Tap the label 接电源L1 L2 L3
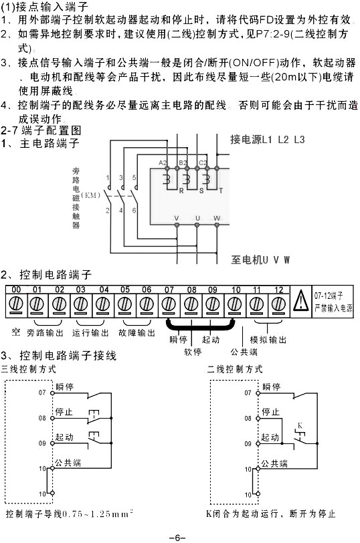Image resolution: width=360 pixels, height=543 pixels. [267, 140]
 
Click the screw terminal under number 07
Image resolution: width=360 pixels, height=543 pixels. [169, 304]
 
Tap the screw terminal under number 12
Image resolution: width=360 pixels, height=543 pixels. [278, 304]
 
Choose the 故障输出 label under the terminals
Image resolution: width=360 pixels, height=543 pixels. [137, 332]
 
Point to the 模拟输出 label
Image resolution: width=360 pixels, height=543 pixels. [267, 340]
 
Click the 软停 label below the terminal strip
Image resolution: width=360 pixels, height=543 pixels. [193, 350]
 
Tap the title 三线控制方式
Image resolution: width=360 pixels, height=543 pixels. [29, 369]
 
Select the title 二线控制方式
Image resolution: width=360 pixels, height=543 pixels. [235, 369]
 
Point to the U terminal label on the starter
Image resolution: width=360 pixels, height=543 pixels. [197, 218]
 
